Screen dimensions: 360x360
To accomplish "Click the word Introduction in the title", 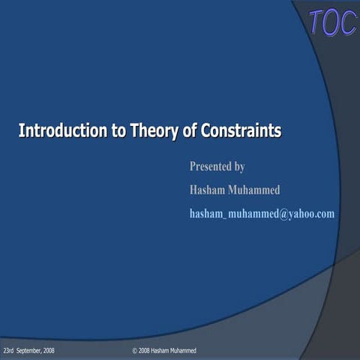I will (x=61, y=131).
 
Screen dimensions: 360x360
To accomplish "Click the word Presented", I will (x=211, y=166).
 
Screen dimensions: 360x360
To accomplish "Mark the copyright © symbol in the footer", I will (x=134, y=351).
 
